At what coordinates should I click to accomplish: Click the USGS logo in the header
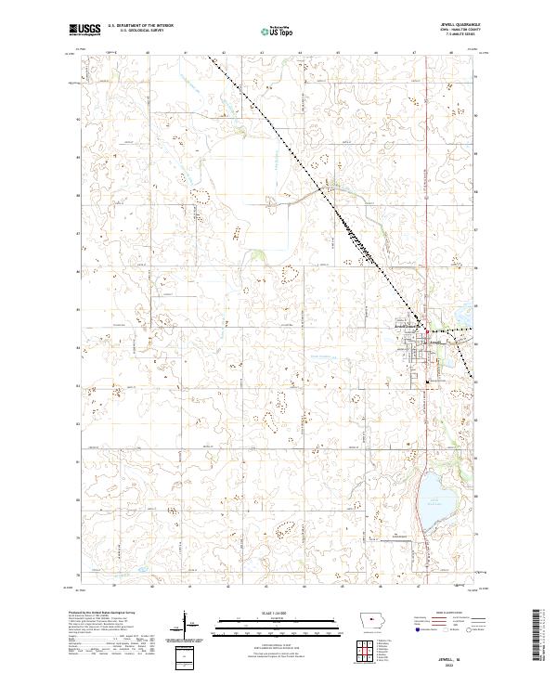pos(84,31)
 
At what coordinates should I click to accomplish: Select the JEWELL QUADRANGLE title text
pos(454,25)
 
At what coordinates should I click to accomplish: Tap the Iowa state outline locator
pos(369,623)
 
